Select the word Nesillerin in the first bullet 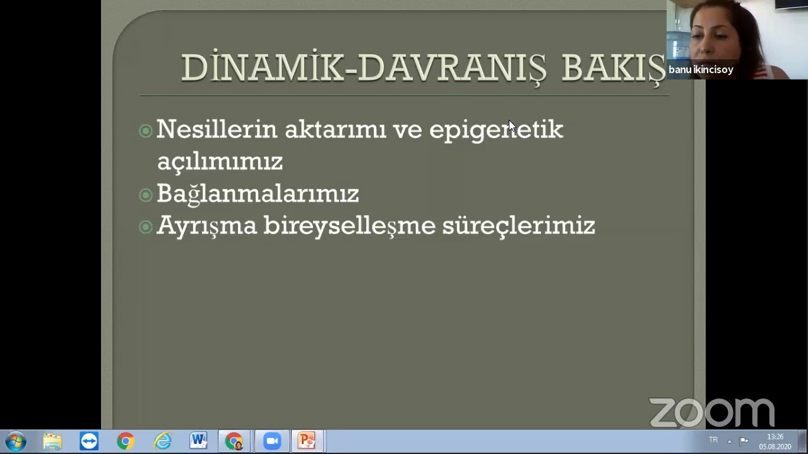point(217,129)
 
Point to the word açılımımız point(220,161)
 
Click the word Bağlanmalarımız point(258,194)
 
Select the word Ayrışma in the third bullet point(206,226)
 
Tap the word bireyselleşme point(349,226)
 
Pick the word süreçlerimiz point(518,226)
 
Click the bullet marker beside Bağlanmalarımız point(146,195)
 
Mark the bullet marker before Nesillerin point(146,131)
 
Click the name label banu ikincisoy point(701,70)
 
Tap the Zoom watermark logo point(711,412)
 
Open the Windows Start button point(15,441)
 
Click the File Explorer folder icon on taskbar point(52,441)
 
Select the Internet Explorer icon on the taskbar point(162,441)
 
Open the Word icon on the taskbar point(198,441)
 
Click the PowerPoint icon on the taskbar point(307,441)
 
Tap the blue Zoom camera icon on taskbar point(272,441)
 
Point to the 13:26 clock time point(775,437)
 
